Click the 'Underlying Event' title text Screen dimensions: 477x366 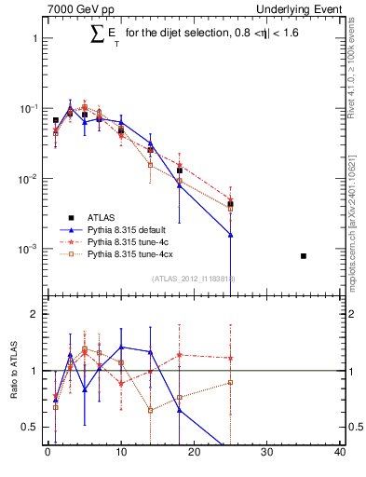(299, 9)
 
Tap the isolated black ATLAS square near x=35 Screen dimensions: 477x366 (304, 255)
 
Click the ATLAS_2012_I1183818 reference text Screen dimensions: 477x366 (193, 279)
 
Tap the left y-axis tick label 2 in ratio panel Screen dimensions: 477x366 (34, 314)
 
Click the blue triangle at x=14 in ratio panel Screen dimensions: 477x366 (150, 351)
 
